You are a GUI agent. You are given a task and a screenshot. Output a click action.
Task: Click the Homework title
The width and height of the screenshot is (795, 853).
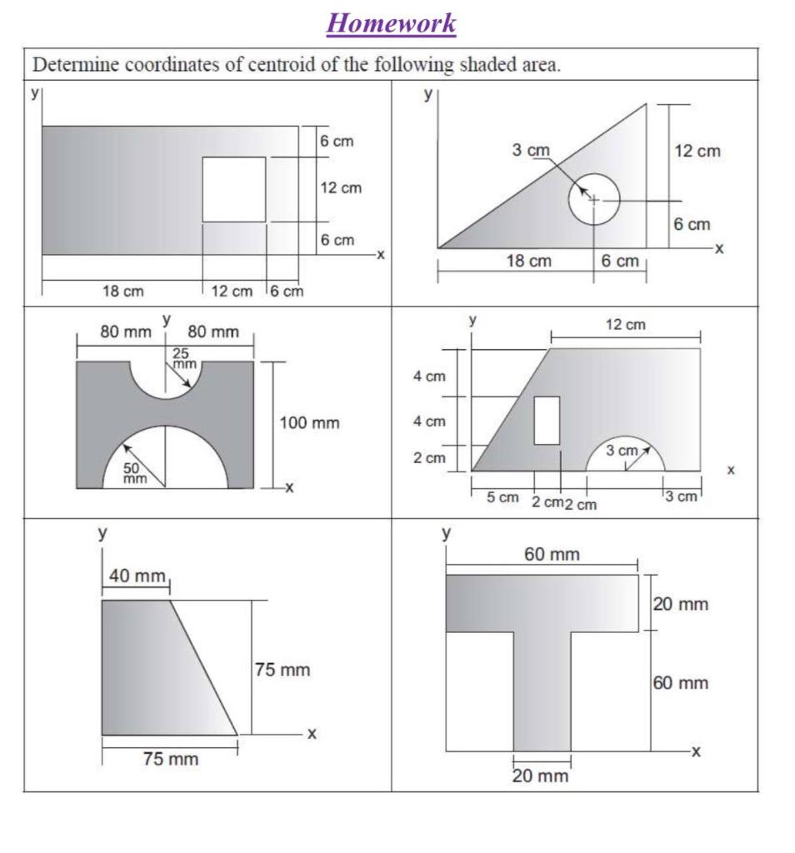point(392,22)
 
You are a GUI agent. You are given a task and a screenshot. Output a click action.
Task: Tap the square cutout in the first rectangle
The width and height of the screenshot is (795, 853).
point(234,189)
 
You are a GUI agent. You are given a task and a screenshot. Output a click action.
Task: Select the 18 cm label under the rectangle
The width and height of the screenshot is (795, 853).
point(122,292)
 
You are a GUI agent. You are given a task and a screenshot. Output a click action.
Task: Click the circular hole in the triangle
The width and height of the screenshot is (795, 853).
point(594,200)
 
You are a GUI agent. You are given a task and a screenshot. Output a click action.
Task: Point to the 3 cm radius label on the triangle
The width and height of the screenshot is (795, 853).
point(531,151)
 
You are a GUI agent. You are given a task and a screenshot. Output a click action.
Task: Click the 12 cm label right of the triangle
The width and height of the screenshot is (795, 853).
point(697,151)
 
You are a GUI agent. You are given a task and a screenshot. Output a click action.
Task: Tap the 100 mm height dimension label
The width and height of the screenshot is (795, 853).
point(310,423)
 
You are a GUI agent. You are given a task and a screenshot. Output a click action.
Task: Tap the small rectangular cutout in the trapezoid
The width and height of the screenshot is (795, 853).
point(547,421)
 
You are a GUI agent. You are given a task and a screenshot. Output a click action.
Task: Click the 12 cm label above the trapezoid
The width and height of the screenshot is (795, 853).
point(625,325)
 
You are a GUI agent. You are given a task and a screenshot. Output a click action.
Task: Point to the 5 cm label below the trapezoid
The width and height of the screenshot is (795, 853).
point(502,498)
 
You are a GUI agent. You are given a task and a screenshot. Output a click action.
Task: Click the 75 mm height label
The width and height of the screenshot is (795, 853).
point(282,670)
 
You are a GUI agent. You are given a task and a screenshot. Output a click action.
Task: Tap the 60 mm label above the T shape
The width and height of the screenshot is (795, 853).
point(552,554)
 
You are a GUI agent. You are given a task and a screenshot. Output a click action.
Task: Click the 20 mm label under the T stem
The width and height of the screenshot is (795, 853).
point(540,776)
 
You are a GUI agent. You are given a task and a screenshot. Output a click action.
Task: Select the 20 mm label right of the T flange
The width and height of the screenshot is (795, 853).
point(681,604)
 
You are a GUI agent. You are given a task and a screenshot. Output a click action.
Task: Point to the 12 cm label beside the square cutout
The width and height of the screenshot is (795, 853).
point(342,188)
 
